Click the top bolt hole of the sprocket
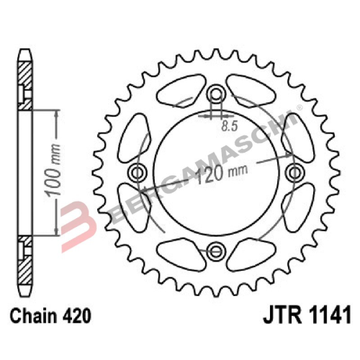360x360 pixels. pyautogui.click(x=215, y=95)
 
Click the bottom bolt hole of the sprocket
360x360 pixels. pyautogui.click(x=215, y=249)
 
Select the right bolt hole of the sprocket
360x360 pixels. pyautogui.click(x=292, y=172)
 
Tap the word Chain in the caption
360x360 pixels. pyautogui.click(x=30, y=315)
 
